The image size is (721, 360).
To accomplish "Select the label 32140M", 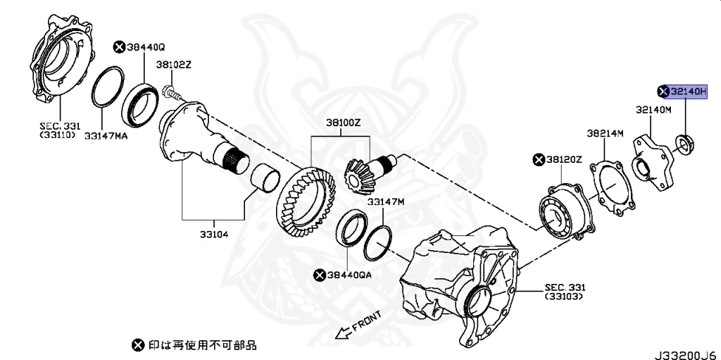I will tap(653, 110).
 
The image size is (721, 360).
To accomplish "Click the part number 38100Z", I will tap(343, 122).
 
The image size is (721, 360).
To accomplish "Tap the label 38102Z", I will tap(173, 64).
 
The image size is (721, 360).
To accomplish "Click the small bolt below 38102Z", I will tap(170, 91).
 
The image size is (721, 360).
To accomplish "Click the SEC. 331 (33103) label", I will tap(565, 293).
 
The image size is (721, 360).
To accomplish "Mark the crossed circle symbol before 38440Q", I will tap(119, 47).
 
